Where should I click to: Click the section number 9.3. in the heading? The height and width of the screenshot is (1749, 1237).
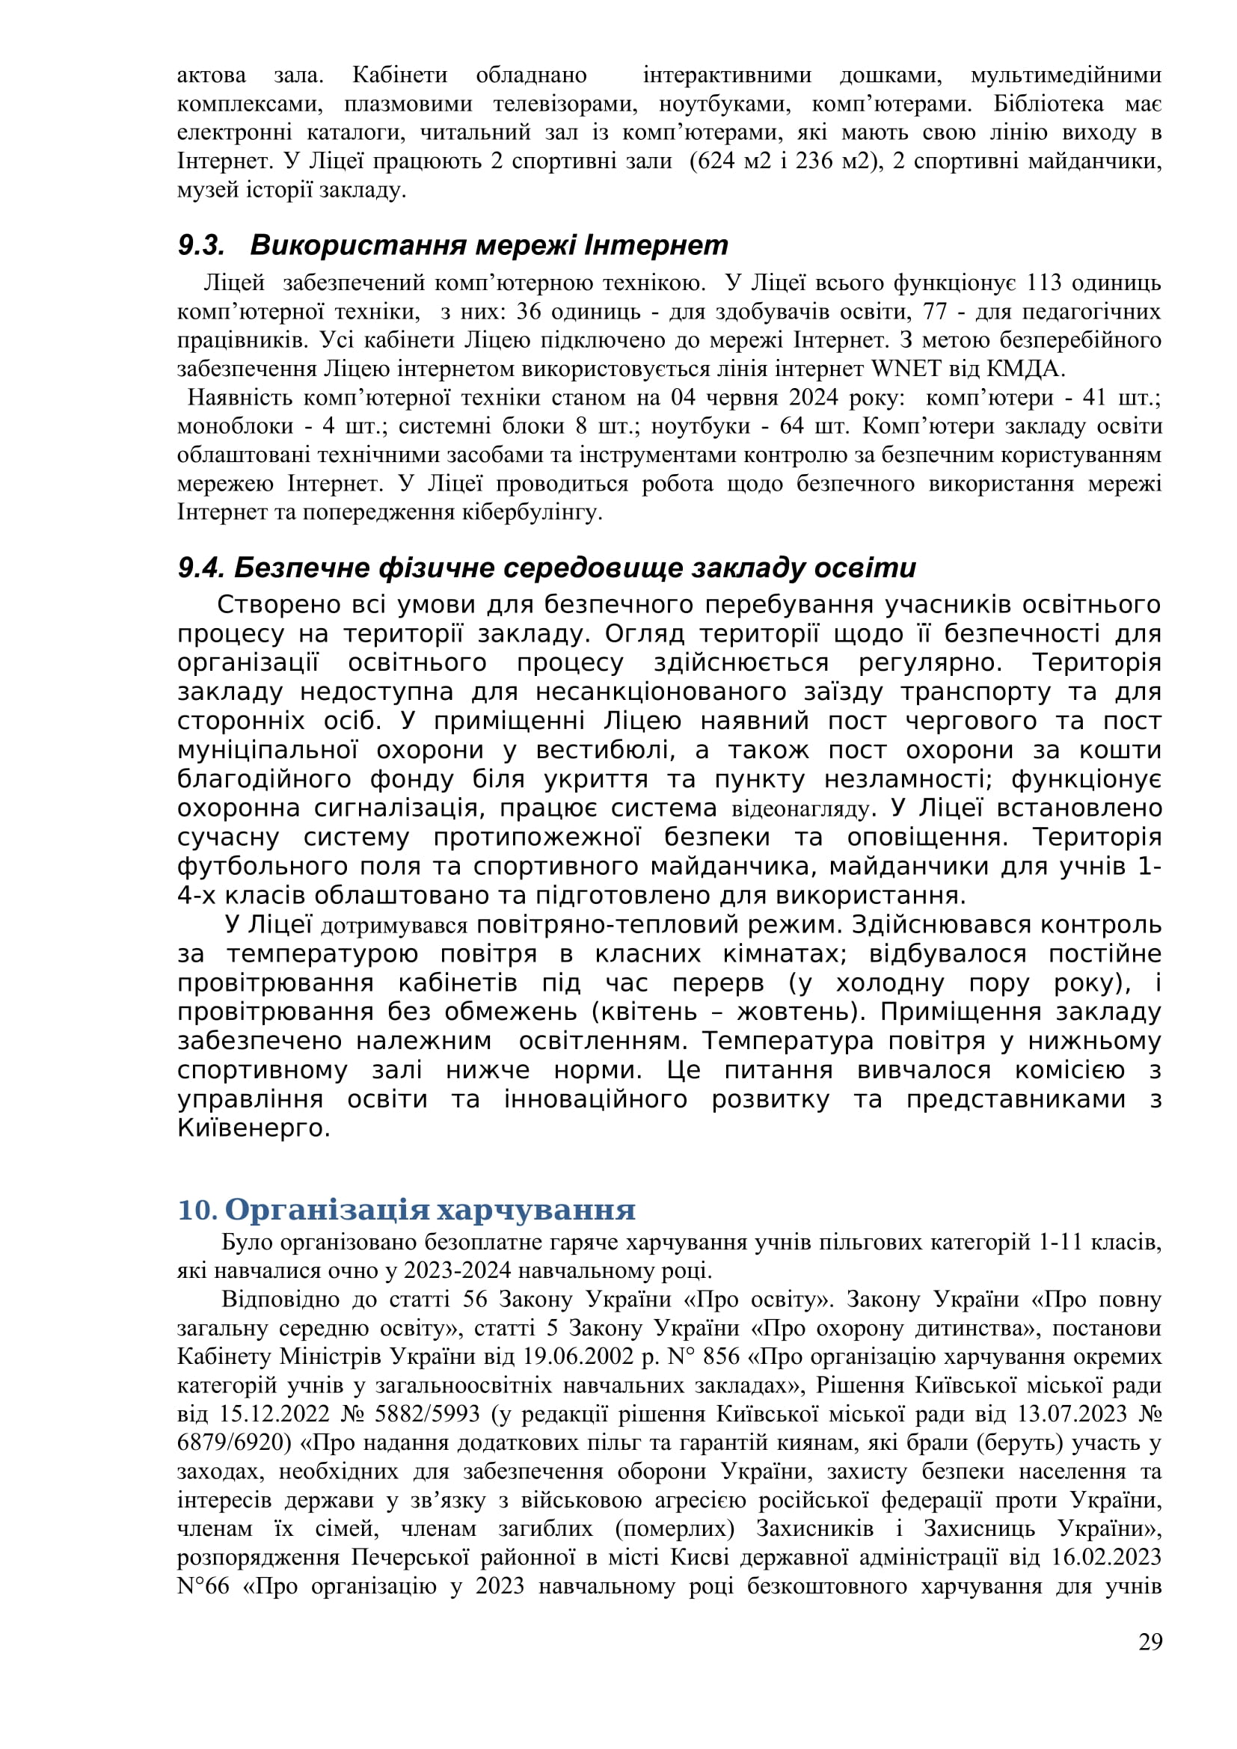(x=202, y=245)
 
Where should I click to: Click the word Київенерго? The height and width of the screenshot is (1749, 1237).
(x=253, y=1128)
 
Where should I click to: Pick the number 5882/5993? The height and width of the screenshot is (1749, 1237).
(x=426, y=1414)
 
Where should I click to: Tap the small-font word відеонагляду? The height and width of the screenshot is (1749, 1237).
(x=799, y=808)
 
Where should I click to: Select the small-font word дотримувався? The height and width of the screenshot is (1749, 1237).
(x=394, y=926)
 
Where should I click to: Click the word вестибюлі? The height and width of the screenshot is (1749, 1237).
(x=606, y=750)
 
